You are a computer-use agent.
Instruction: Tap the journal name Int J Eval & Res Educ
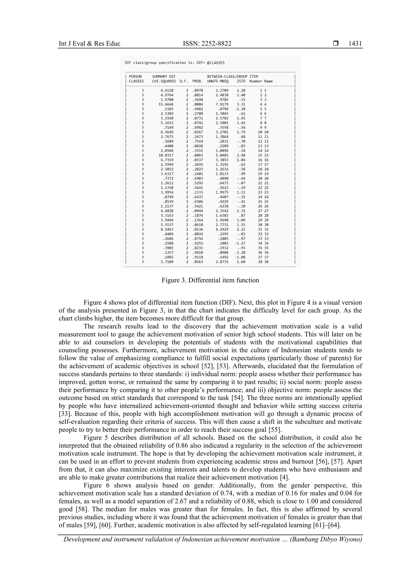[x=89, y=44]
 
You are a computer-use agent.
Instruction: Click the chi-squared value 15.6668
[x=166, y=104]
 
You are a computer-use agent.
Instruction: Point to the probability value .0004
[x=198, y=104]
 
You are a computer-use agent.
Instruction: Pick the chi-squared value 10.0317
[x=166, y=155]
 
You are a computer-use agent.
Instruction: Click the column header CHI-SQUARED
[x=164, y=81]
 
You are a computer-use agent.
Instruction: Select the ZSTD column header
[x=241, y=81]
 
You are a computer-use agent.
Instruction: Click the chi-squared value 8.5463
[x=167, y=229]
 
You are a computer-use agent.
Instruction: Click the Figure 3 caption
[x=210, y=280]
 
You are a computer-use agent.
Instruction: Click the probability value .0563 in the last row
[x=198, y=262]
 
